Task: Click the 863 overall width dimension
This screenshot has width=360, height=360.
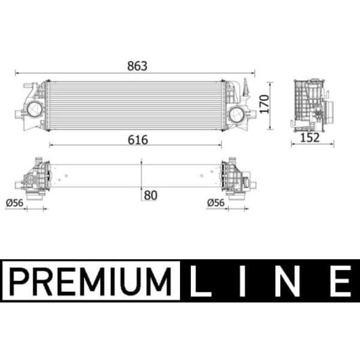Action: tap(136, 66)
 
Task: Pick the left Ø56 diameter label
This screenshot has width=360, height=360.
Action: tap(14, 202)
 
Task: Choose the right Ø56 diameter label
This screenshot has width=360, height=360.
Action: tap(216, 202)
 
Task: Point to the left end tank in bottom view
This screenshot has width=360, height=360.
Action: tap(34, 177)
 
